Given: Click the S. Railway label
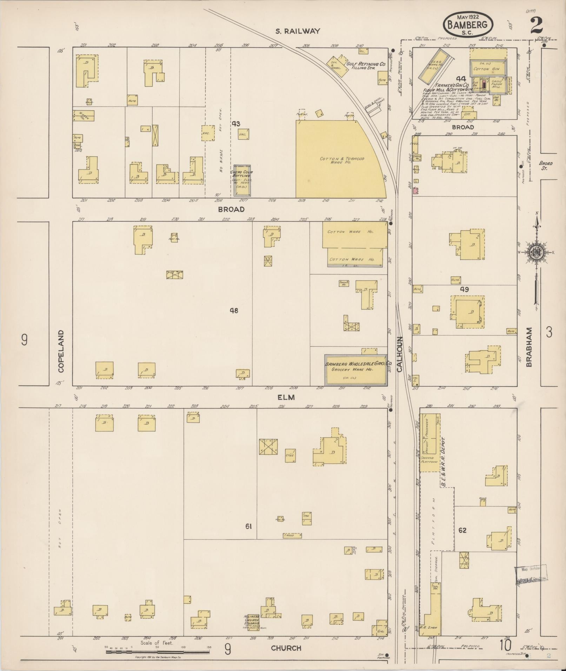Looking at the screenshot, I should (x=297, y=31).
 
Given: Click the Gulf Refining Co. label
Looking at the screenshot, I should (x=366, y=65).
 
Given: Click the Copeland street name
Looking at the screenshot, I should (x=62, y=351).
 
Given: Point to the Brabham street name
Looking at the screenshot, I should (x=529, y=347).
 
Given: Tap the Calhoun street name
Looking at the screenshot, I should (x=400, y=354).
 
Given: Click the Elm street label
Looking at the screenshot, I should (x=286, y=397).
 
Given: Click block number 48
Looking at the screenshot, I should (x=234, y=310).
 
